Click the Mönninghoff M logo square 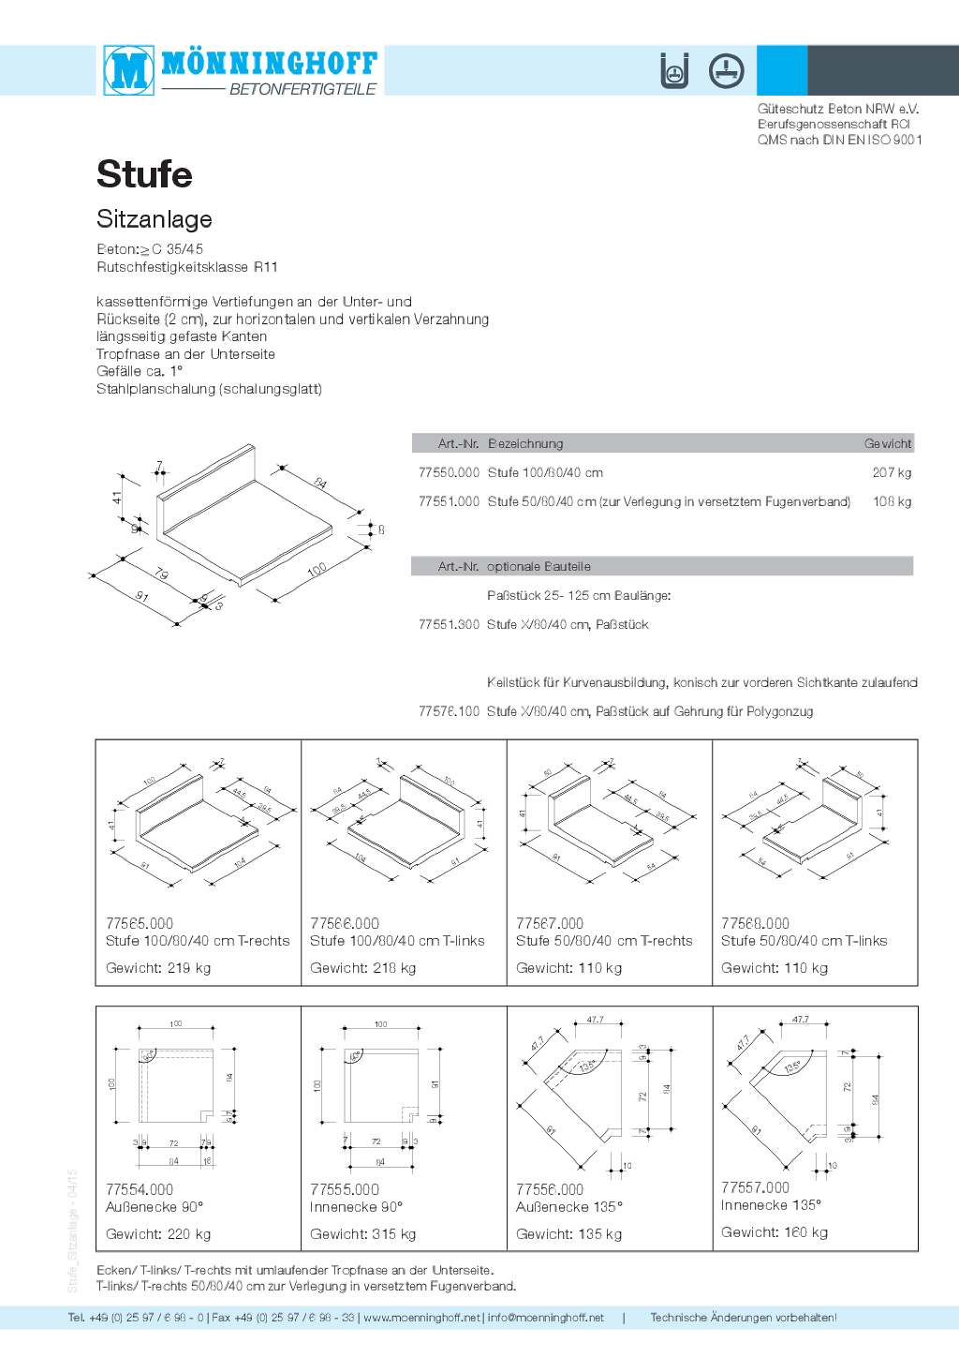(x=128, y=69)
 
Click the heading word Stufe (x=144, y=174)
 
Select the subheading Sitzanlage (x=155, y=219)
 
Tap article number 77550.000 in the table (x=449, y=473)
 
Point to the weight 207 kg (x=892, y=473)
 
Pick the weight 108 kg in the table (x=892, y=502)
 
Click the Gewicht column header (x=887, y=444)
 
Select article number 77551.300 (x=449, y=625)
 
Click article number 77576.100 (x=449, y=712)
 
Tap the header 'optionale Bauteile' (x=539, y=567)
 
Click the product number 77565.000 (x=140, y=924)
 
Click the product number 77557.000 (x=755, y=1188)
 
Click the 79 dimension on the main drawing (x=161, y=574)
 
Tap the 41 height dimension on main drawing (x=117, y=498)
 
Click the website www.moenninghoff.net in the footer (x=421, y=1318)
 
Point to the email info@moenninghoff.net (x=546, y=1318)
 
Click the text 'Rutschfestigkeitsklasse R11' (x=187, y=267)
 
